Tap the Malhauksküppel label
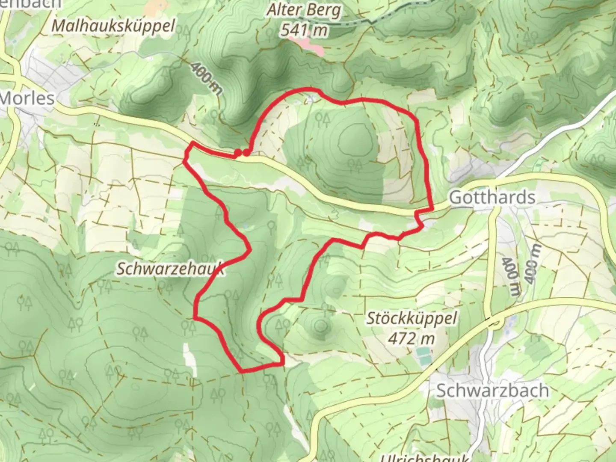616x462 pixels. tap(113, 26)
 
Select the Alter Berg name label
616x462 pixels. tap(304, 11)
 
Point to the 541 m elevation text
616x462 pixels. tap(304, 30)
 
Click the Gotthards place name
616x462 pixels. tap(492, 198)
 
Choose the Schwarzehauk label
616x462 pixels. tap(170, 269)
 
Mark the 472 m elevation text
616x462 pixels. tap(412, 339)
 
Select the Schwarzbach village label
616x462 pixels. tap(492, 391)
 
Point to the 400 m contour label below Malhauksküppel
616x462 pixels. tap(207, 78)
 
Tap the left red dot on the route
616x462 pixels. tap(237, 153)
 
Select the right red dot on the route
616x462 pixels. tap(246, 152)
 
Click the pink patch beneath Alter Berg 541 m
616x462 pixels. tap(307, 44)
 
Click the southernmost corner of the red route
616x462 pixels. tap(243, 370)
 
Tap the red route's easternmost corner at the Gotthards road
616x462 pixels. tap(432, 209)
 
